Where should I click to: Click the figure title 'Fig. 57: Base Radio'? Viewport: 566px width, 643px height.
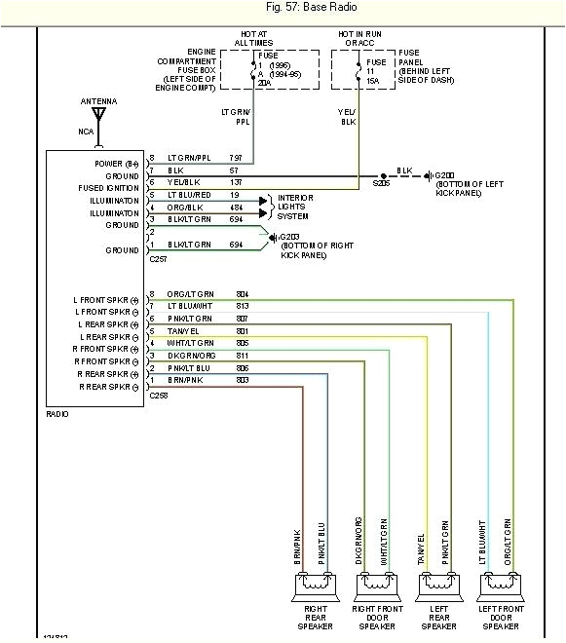pyautogui.click(x=283, y=9)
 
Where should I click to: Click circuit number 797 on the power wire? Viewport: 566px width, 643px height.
pyautogui.click(x=236, y=158)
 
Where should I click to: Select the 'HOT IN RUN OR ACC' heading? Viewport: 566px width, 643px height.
pyautogui.click(x=358, y=38)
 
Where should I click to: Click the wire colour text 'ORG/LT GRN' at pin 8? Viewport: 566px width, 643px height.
pyautogui.click(x=189, y=293)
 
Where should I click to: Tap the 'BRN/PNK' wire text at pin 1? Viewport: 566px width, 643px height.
pyautogui.click(x=184, y=381)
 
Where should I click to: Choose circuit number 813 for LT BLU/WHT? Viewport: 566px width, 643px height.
pyautogui.click(x=242, y=306)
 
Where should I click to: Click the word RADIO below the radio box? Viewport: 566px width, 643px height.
pyautogui.click(x=57, y=413)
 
